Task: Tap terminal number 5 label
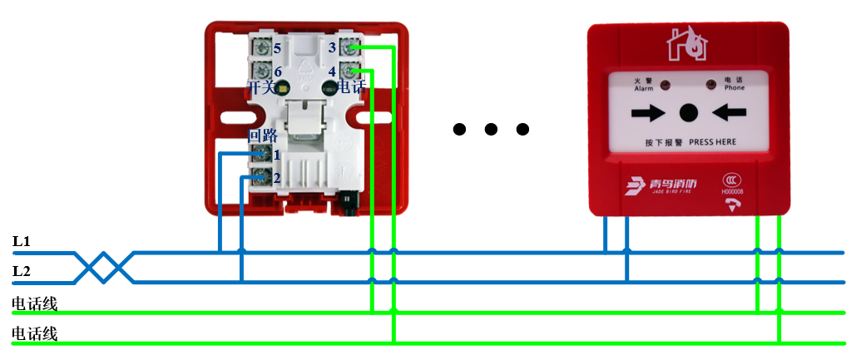click(x=276, y=49)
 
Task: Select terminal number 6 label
click(x=276, y=72)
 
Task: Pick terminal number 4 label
click(x=332, y=72)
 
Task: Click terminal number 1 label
click(x=276, y=154)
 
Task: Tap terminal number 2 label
click(x=276, y=177)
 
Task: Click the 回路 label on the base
click(x=263, y=136)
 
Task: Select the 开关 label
click(x=260, y=86)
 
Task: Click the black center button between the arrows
click(x=688, y=112)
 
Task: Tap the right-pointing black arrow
click(x=647, y=112)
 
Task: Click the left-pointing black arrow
click(x=728, y=112)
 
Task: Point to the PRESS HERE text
click(x=713, y=142)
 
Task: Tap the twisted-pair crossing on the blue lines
click(x=105, y=267)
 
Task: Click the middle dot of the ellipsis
click(x=491, y=129)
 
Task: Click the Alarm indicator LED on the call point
click(x=665, y=84)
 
